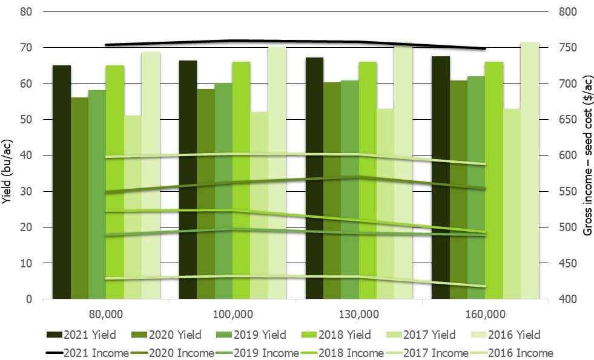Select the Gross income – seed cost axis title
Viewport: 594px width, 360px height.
587,155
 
